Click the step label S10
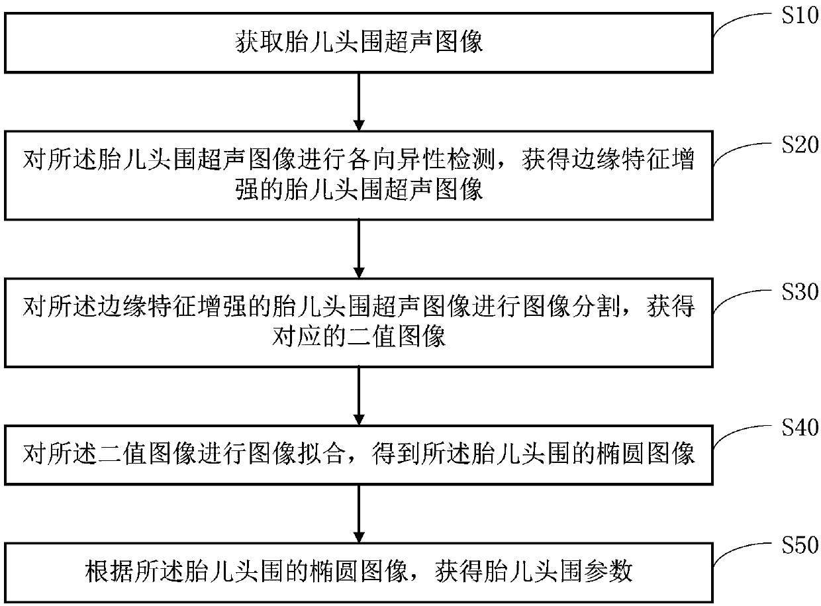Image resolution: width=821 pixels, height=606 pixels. click(796, 15)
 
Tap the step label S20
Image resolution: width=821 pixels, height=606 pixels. click(796, 145)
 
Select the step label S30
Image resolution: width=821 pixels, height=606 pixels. click(796, 291)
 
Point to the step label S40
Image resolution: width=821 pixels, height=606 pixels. click(796, 428)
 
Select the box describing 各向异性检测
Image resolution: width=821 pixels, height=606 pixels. click(358, 175)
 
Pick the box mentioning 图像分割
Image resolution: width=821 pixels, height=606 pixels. click(358, 323)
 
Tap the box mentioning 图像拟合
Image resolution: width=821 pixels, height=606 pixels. click(358, 455)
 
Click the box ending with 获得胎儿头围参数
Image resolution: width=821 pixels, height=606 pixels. click(358, 572)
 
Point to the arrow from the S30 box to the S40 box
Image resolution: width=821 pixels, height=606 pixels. click(358, 395)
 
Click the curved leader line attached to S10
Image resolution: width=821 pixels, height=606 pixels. click(739, 23)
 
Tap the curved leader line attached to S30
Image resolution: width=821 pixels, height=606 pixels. click(739, 300)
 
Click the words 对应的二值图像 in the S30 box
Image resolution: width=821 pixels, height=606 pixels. click(358, 338)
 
